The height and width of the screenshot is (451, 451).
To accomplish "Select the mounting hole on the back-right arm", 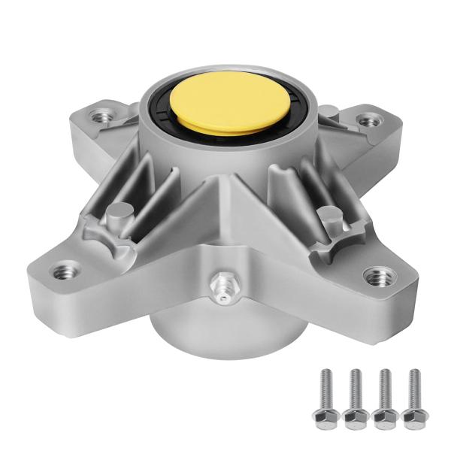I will point(367,119).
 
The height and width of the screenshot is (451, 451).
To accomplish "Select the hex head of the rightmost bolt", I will point(411,416).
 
